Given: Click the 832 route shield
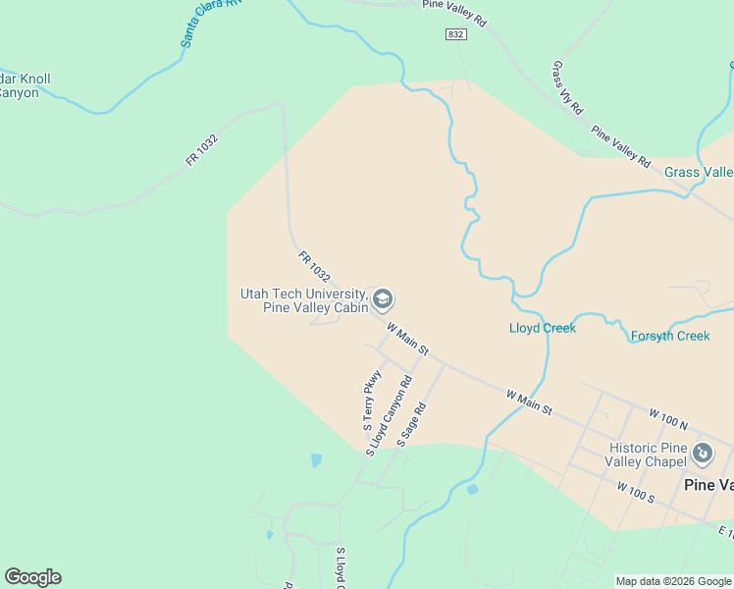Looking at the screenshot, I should pyautogui.click(x=454, y=34).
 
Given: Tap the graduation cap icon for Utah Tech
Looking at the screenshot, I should pyautogui.click(x=383, y=298).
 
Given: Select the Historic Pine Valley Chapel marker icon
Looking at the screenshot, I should pyautogui.click(x=703, y=454).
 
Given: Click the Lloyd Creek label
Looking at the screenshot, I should pyautogui.click(x=543, y=328).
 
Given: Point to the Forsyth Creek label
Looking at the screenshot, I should pyautogui.click(x=670, y=336).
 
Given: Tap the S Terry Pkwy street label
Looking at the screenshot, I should pyautogui.click(x=372, y=401).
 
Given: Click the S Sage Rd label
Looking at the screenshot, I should pyautogui.click(x=412, y=425).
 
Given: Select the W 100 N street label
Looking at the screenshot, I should pyautogui.click(x=667, y=419).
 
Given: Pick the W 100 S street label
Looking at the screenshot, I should pyautogui.click(x=636, y=492).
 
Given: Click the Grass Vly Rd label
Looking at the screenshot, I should pyautogui.click(x=567, y=87).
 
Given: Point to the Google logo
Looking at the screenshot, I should pyautogui.click(x=32, y=577).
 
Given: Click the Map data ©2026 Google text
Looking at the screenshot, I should pyautogui.click(x=673, y=581).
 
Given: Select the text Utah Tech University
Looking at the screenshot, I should pyautogui.click(x=303, y=294).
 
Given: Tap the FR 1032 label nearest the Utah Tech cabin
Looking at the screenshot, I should pyautogui.click(x=314, y=266).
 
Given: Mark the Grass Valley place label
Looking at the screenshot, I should pyautogui.click(x=699, y=172).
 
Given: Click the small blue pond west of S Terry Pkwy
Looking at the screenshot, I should pyautogui.click(x=316, y=459).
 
